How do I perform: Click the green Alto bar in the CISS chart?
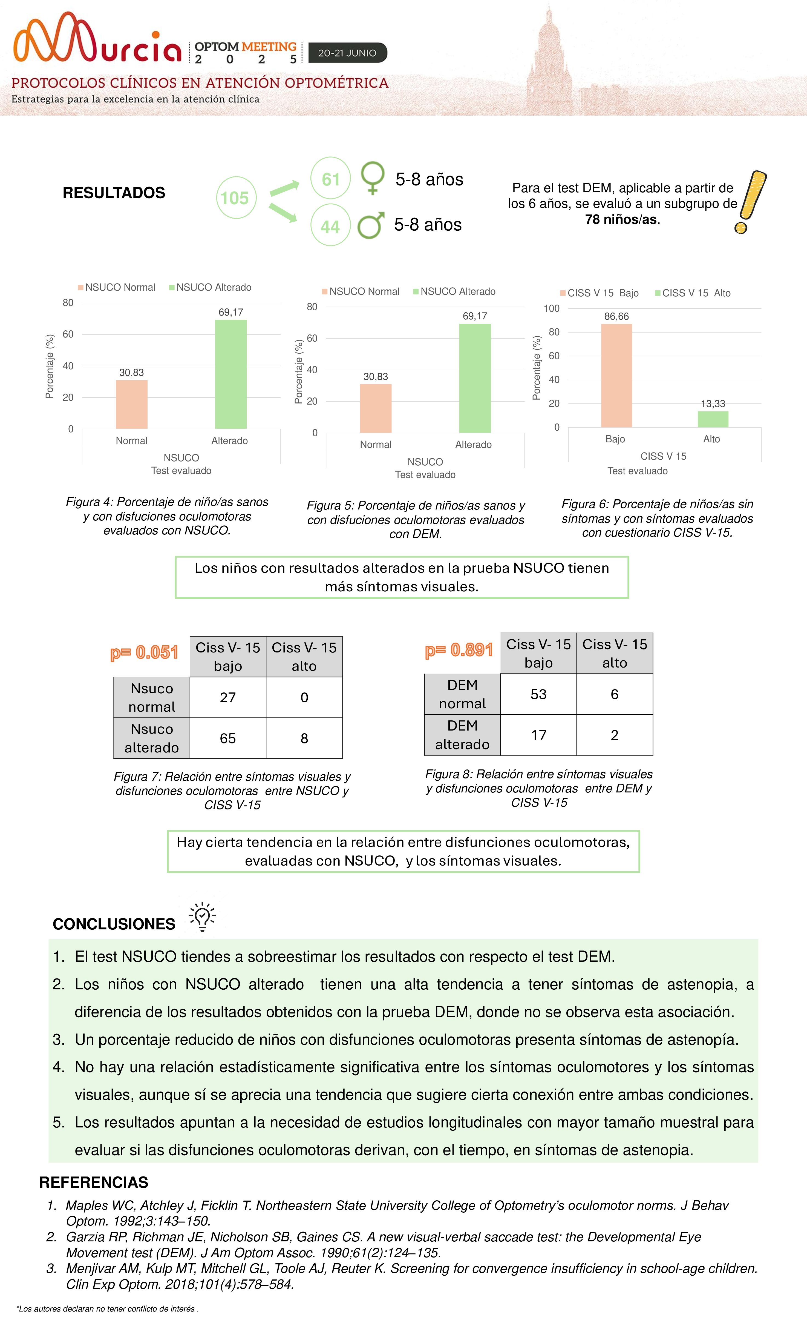(x=712, y=419)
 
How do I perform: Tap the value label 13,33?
(x=713, y=403)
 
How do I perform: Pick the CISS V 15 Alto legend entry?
(x=693, y=293)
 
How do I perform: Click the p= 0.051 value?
(x=144, y=652)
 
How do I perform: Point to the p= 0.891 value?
(x=459, y=650)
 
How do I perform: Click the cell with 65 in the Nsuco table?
(x=227, y=738)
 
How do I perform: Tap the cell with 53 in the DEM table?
(x=538, y=694)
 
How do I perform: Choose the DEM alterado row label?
(x=462, y=735)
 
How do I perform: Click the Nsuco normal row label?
(x=152, y=697)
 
